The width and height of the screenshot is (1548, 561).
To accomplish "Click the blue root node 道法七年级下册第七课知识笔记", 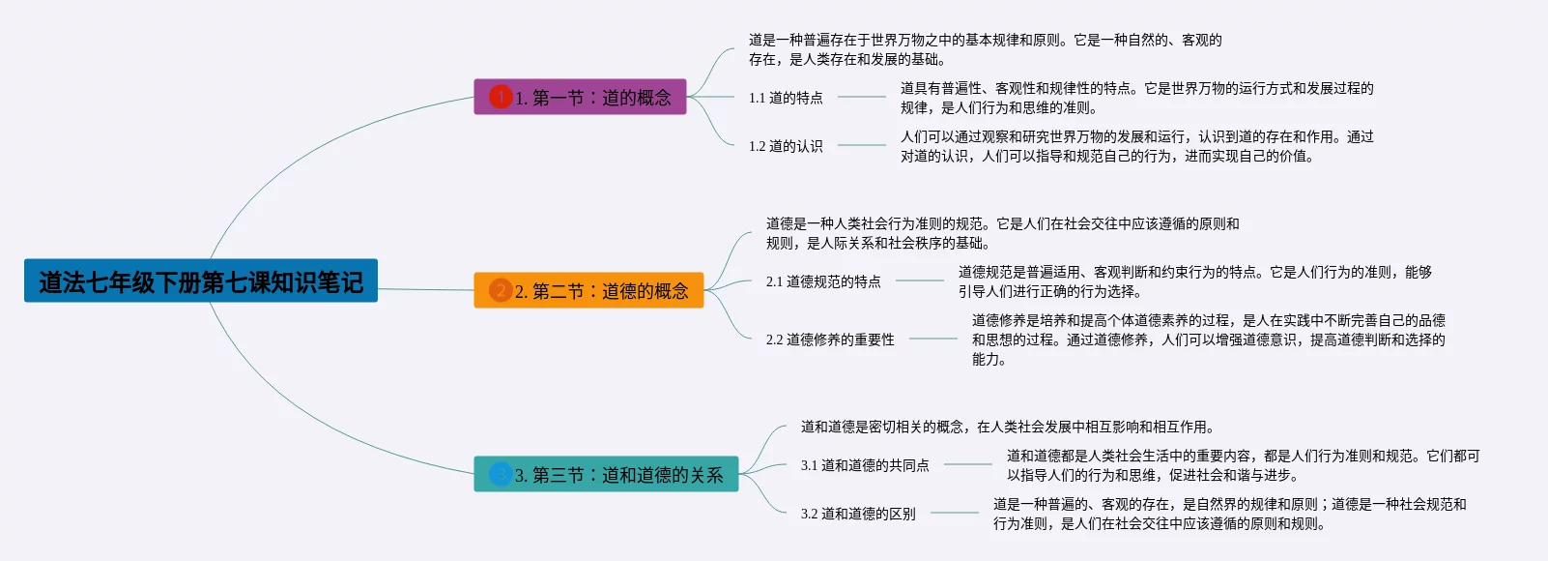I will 201,280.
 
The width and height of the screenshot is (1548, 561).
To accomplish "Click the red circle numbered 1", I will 501,97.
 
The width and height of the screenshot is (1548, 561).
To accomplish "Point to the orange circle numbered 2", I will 501,290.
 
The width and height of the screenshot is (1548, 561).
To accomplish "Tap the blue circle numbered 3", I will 501,474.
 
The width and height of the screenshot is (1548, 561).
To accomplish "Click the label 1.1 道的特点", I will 786,98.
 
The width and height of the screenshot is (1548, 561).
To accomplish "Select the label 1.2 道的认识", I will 786,146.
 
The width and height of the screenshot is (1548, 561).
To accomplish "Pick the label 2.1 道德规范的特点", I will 823,281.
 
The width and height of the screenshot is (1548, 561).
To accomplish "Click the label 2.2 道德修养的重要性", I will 830,340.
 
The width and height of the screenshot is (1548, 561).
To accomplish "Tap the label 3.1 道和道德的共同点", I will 865,465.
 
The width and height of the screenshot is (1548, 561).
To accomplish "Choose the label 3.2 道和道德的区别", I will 858,514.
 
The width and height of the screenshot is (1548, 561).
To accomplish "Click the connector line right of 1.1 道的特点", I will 861,97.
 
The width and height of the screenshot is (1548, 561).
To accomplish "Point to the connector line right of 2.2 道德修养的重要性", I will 932,339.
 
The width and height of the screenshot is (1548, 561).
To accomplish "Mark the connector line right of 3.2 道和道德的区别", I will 954,513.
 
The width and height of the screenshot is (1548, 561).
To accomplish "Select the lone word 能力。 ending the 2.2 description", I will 989,359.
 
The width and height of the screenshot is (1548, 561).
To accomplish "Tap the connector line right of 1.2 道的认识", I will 861,145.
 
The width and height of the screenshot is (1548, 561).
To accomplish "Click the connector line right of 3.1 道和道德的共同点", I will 967,464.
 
